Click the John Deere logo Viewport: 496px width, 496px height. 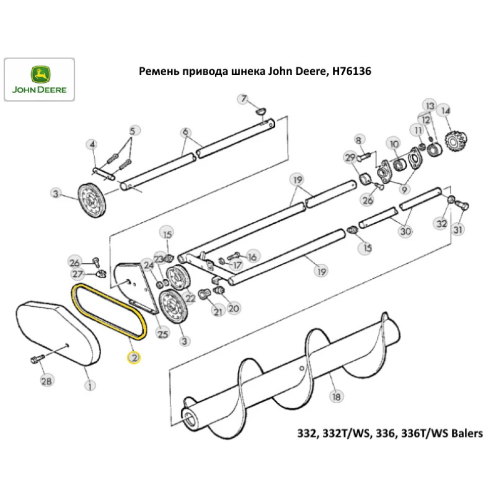click(39, 80)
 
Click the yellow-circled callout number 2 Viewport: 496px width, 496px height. click(134, 357)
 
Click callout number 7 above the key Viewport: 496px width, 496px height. click(244, 99)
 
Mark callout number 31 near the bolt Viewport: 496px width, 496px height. click(457, 230)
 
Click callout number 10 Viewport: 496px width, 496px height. click(394, 144)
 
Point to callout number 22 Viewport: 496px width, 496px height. click(191, 297)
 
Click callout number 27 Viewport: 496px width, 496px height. click(77, 274)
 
